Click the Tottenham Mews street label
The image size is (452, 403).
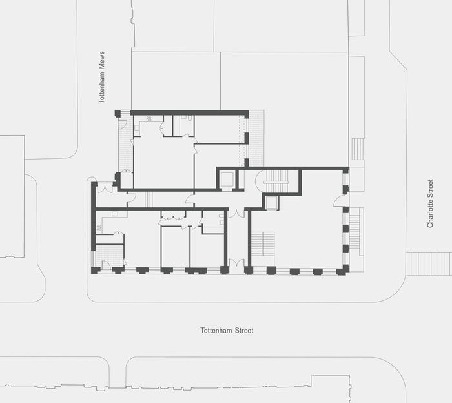click(101, 77)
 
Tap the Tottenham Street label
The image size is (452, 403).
click(227, 331)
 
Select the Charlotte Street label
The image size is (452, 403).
click(430, 203)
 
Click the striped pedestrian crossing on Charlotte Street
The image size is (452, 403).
click(429, 263)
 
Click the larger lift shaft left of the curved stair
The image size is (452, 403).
click(226, 180)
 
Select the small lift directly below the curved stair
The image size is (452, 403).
click(271, 203)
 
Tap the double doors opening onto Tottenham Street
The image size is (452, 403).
click(236, 263)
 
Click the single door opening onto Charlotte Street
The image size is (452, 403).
click(340, 201)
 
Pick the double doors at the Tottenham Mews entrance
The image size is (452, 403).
click(105, 188)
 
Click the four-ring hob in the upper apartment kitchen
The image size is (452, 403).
click(149, 119)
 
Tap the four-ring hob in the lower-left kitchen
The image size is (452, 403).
click(99, 228)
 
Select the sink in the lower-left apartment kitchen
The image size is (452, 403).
click(115, 214)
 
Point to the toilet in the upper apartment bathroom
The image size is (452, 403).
click(190, 118)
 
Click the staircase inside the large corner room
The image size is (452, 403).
click(263, 243)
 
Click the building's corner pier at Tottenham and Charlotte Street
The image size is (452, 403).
click(343, 271)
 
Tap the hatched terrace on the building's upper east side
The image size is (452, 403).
click(256, 138)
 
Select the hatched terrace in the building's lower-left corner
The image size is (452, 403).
click(110, 256)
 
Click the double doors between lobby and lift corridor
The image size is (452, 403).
click(236, 213)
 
